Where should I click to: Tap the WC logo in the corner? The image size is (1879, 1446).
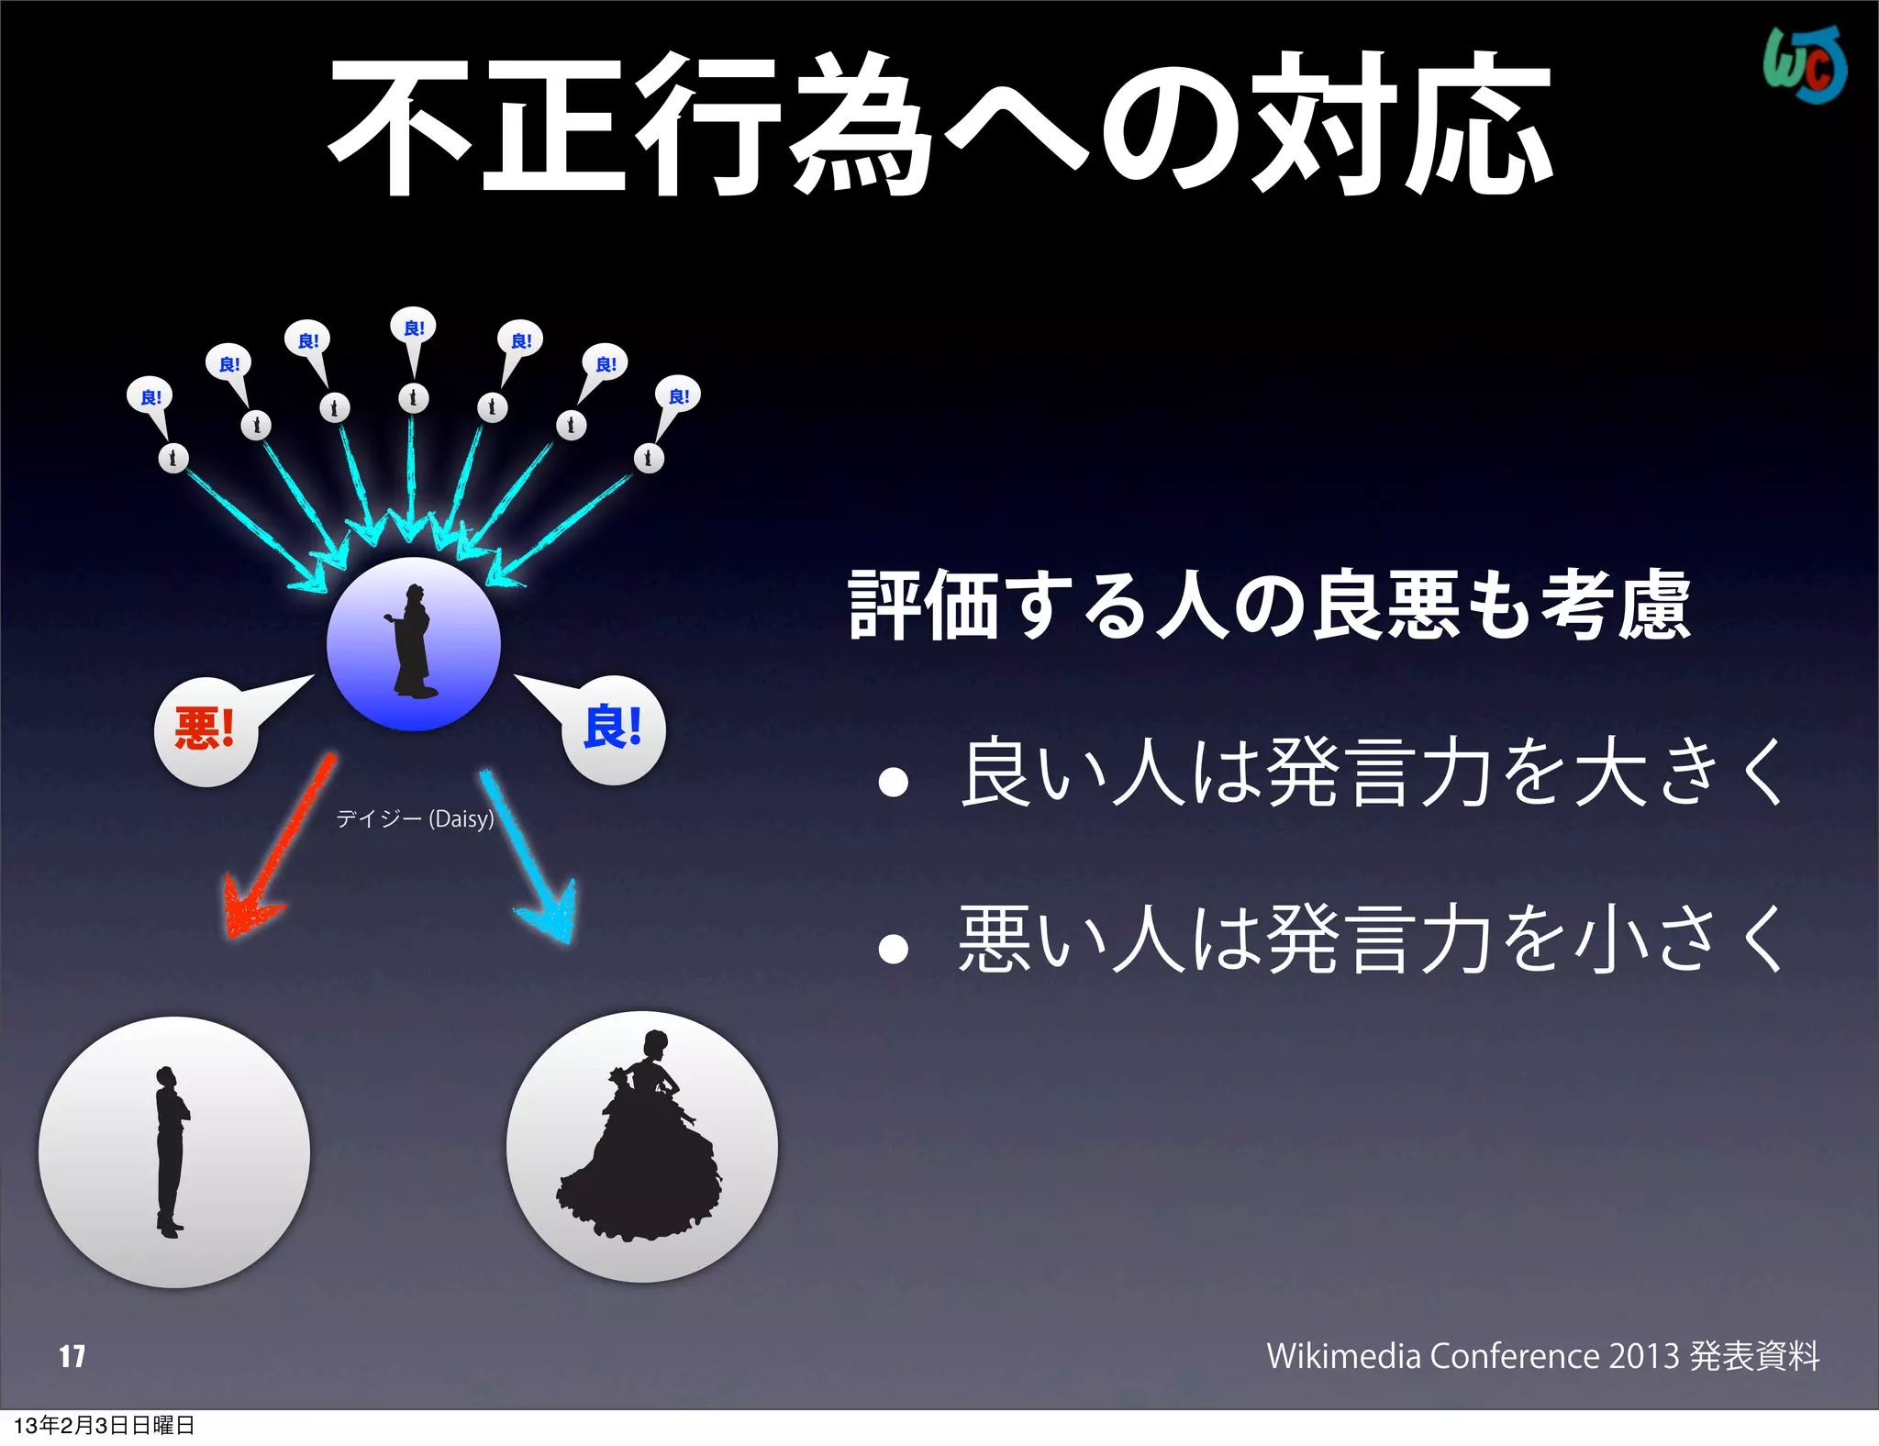(1804, 65)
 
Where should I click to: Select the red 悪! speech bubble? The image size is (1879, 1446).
(206, 730)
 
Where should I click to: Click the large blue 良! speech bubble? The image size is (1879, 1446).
(613, 729)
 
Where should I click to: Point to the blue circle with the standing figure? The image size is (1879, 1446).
(414, 644)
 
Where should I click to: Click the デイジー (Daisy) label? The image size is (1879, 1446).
(415, 818)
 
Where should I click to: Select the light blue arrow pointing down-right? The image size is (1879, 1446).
(532, 858)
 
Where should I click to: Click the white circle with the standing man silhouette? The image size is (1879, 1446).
(174, 1152)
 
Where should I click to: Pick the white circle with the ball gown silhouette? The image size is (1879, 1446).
(642, 1147)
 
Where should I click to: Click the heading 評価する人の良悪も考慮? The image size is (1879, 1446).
(1270, 605)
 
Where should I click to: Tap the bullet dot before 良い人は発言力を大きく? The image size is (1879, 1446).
(893, 782)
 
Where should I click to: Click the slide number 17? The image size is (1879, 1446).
(72, 1356)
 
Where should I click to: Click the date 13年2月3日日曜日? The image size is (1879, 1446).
(104, 1425)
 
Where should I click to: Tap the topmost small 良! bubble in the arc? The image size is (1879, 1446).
(414, 328)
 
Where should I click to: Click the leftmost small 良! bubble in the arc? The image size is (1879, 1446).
(150, 396)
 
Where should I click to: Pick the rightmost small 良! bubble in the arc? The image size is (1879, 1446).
(679, 395)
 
